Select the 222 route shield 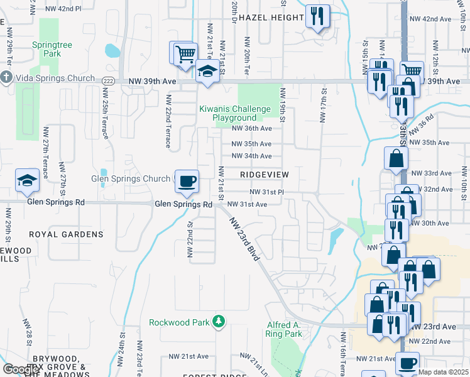point(107,81)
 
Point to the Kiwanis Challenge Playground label point(228,113)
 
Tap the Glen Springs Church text point(131,179)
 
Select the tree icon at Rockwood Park point(218,322)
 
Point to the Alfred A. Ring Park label point(285,329)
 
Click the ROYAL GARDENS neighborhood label point(66,234)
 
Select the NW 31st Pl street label point(267,192)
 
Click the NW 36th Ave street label point(251,128)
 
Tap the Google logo point(21,369)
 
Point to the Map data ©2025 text point(443,372)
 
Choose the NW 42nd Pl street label point(64,9)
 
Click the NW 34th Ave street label point(251,156)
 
